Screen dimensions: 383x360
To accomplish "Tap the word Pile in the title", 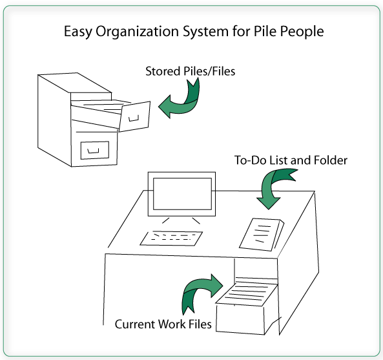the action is [x=265, y=31].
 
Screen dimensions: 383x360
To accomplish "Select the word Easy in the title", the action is [x=78, y=32].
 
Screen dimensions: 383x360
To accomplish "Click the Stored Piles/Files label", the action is [x=191, y=71].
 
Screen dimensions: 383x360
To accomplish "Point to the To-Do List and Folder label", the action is [x=291, y=160].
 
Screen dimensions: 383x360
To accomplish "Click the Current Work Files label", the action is [x=163, y=324].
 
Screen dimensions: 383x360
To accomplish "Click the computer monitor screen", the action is [x=182, y=194].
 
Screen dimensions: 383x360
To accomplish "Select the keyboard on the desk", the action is [x=171, y=238].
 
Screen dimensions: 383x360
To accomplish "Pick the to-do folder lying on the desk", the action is [x=262, y=234].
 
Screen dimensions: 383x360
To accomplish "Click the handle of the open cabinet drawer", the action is [x=134, y=118].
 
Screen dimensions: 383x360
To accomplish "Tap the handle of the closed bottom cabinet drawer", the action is [x=93, y=151].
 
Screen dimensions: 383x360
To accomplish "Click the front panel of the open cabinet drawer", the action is [x=134, y=116].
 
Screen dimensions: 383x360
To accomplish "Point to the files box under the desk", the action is [x=247, y=307].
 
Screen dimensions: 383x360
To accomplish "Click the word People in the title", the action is [x=302, y=32].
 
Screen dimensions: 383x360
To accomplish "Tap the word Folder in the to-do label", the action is [x=330, y=160].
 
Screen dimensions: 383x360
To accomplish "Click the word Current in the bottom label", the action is [x=135, y=324].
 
